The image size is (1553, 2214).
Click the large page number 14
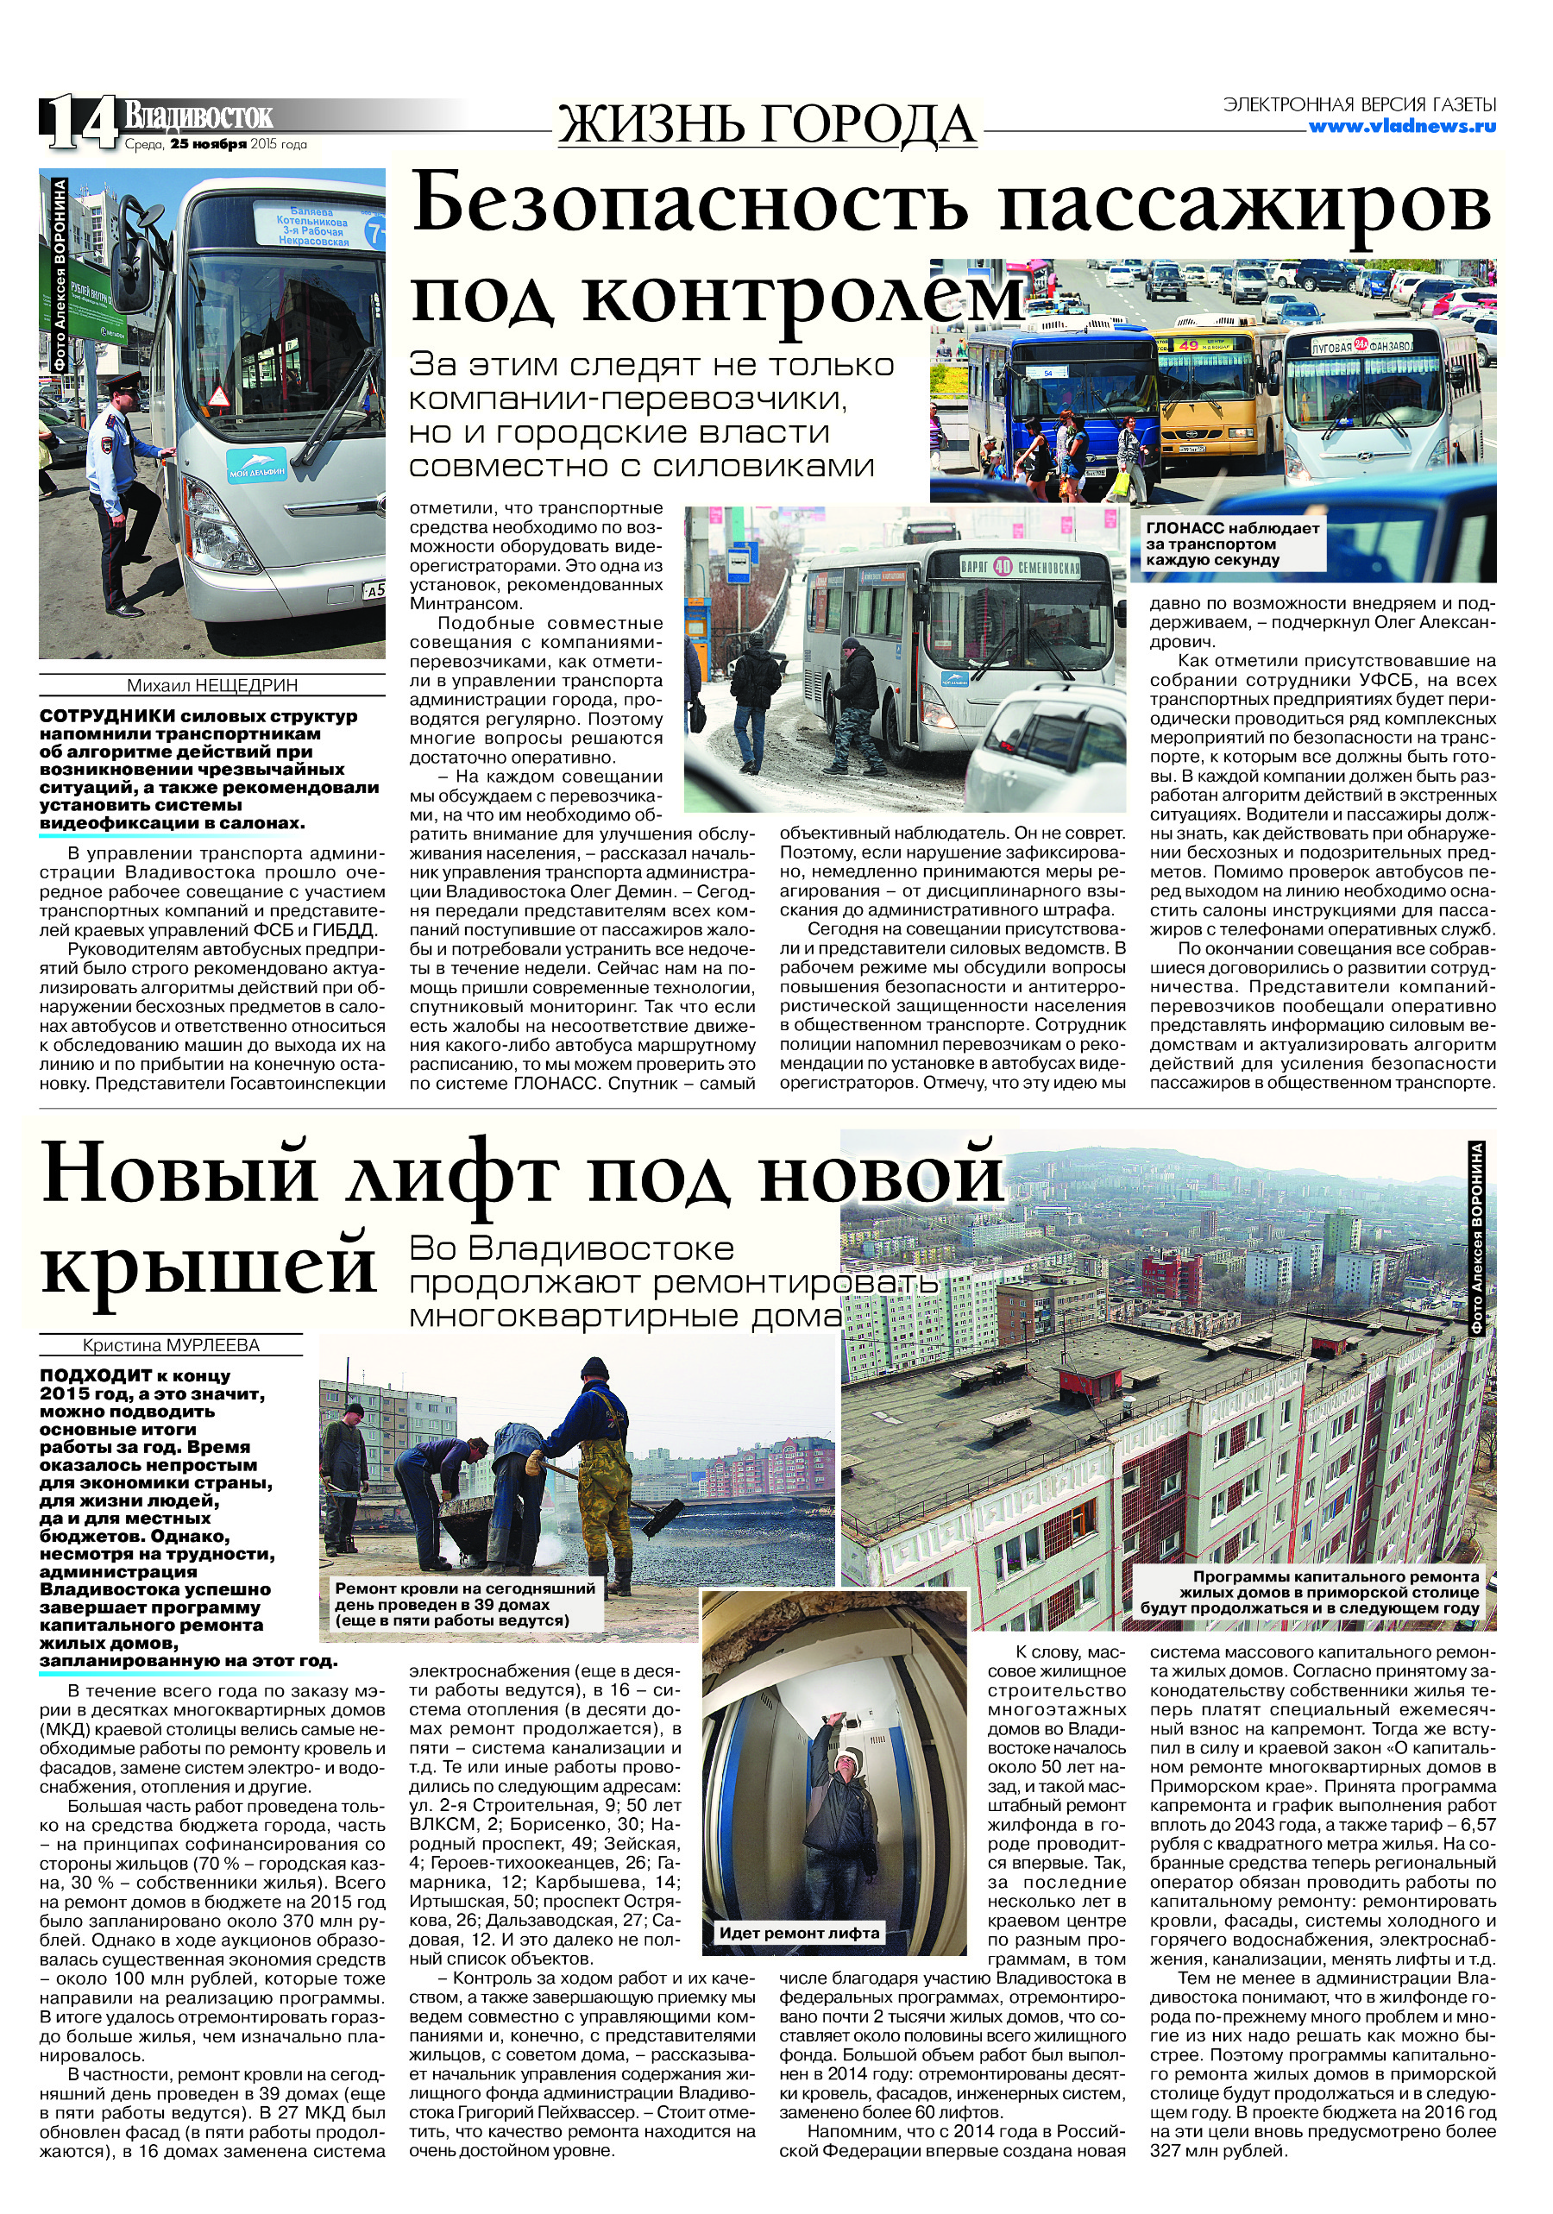coord(79,124)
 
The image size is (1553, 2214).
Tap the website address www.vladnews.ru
coord(1402,125)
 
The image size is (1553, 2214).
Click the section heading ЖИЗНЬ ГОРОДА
coord(766,125)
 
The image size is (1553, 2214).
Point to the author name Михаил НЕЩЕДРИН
coord(212,686)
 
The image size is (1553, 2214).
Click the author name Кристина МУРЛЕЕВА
coord(171,1345)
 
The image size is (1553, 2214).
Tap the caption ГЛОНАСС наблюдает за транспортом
coord(1232,544)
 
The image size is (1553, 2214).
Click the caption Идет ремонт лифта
coord(799,1933)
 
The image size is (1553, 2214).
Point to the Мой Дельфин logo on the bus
coord(256,465)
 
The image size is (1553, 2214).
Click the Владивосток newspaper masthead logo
coord(198,116)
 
